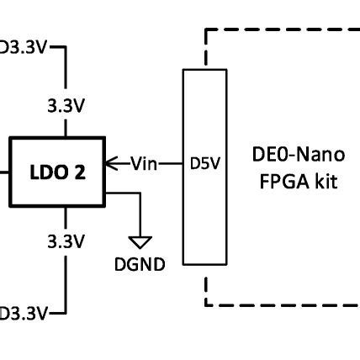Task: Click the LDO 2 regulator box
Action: tap(56, 172)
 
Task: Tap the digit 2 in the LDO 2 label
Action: tap(80, 172)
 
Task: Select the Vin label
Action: tap(143, 163)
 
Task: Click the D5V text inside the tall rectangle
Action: tap(204, 164)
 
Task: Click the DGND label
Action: tap(140, 264)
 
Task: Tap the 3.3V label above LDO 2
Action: tap(66, 106)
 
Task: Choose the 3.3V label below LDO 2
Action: tap(66, 241)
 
